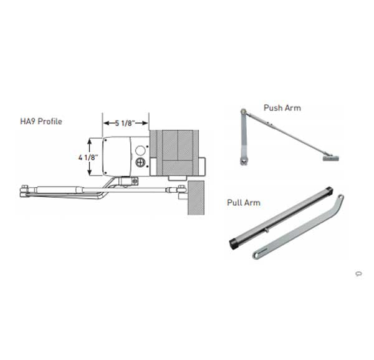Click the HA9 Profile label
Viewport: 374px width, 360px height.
(x=41, y=121)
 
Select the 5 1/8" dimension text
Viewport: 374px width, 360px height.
(x=125, y=123)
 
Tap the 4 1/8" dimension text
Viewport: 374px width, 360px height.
(x=89, y=158)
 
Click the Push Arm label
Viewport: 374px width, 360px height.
(x=282, y=108)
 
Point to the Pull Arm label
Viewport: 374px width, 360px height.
(x=244, y=203)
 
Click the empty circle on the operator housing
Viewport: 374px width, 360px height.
(x=140, y=150)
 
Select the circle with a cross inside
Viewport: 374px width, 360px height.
(x=140, y=163)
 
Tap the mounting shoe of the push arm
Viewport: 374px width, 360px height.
(x=331, y=158)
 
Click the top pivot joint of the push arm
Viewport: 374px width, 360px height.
(x=243, y=111)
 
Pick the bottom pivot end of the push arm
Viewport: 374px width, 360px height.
(x=243, y=161)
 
